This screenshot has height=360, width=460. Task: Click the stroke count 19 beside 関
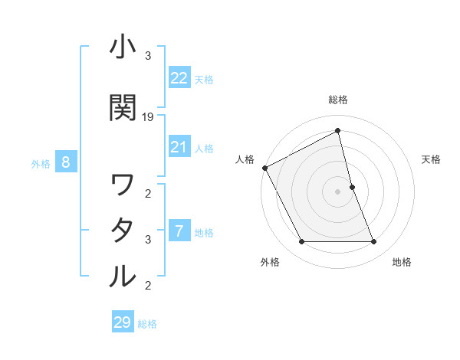click(148, 117)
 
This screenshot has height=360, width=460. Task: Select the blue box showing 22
click(179, 77)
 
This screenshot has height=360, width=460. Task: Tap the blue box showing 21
click(179, 147)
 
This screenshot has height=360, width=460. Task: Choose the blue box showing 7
click(179, 231)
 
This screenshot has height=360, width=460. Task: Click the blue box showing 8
click(66, 162)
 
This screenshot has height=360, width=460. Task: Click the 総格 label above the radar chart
click(338, 100)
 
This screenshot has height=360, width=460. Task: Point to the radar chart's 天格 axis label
click(432, 159)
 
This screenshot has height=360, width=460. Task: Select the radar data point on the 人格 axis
click(264, 168)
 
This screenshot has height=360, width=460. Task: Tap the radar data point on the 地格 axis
click(374, 242)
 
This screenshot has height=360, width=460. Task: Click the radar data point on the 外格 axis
click(301, 242)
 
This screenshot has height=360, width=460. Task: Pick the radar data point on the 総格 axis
click(338, 131)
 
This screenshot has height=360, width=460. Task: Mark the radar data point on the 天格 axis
click(352, 187)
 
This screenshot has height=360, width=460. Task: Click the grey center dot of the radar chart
click(338, 191)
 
